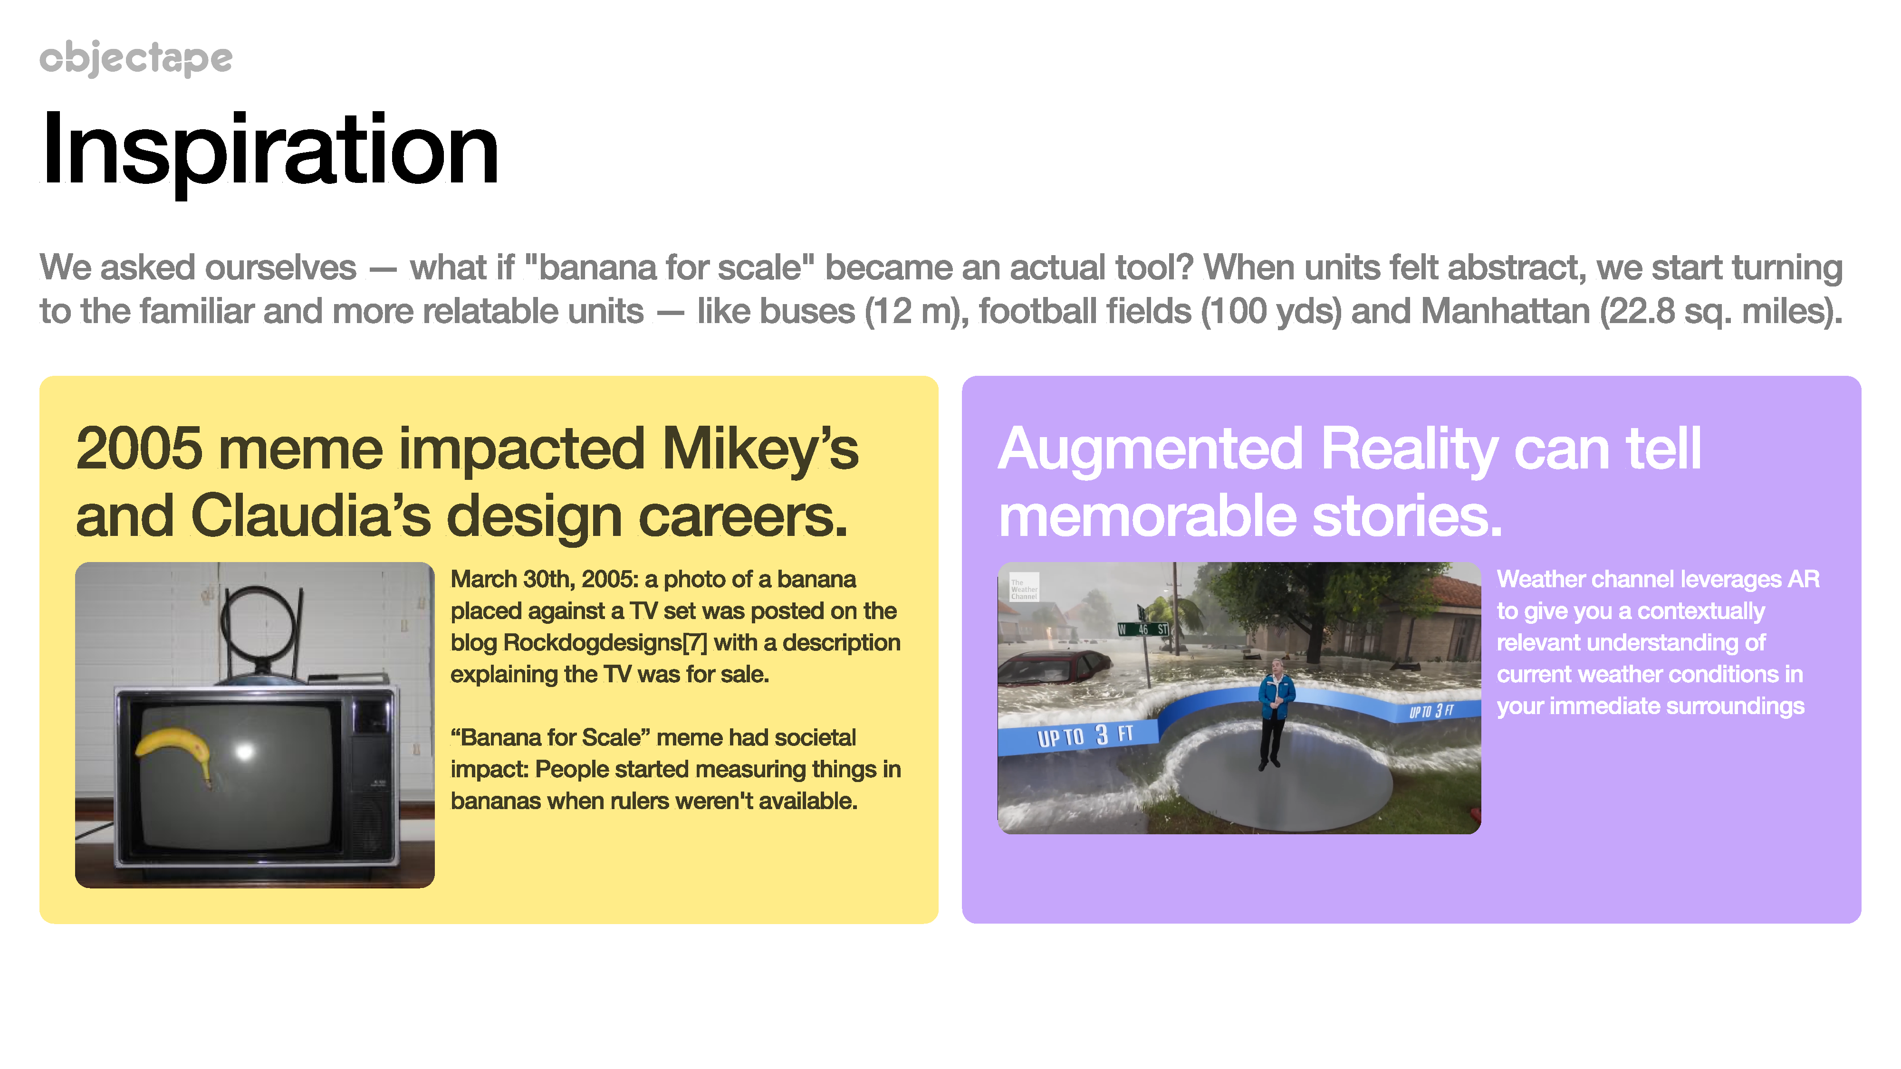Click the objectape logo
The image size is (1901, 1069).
point(136,58)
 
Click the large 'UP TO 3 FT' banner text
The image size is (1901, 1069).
point(1085,735)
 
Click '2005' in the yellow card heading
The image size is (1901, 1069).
point(139,448)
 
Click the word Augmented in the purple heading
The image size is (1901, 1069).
point(1150,449)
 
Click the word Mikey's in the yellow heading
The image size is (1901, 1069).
point(760,448)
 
